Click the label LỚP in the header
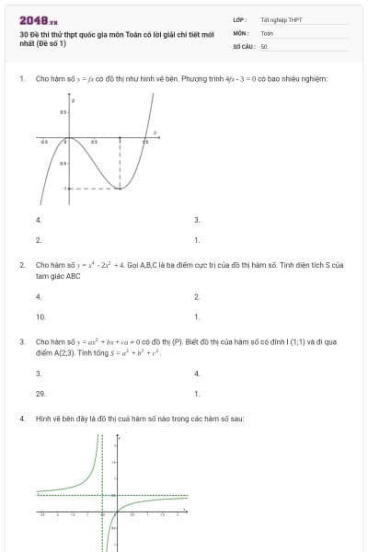[238, 19]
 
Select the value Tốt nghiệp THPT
[275, 19]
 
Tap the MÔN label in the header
[239, 32]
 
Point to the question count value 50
[264, 45]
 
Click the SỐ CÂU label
[241, 45]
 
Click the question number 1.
[21, 79]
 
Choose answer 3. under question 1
[197, 220]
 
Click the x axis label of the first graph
[155, 133]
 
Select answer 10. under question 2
[40, 316]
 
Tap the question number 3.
[21, 341]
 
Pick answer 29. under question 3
[40, 393]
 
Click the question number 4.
[21, 419]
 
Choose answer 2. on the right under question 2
[197, 297]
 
